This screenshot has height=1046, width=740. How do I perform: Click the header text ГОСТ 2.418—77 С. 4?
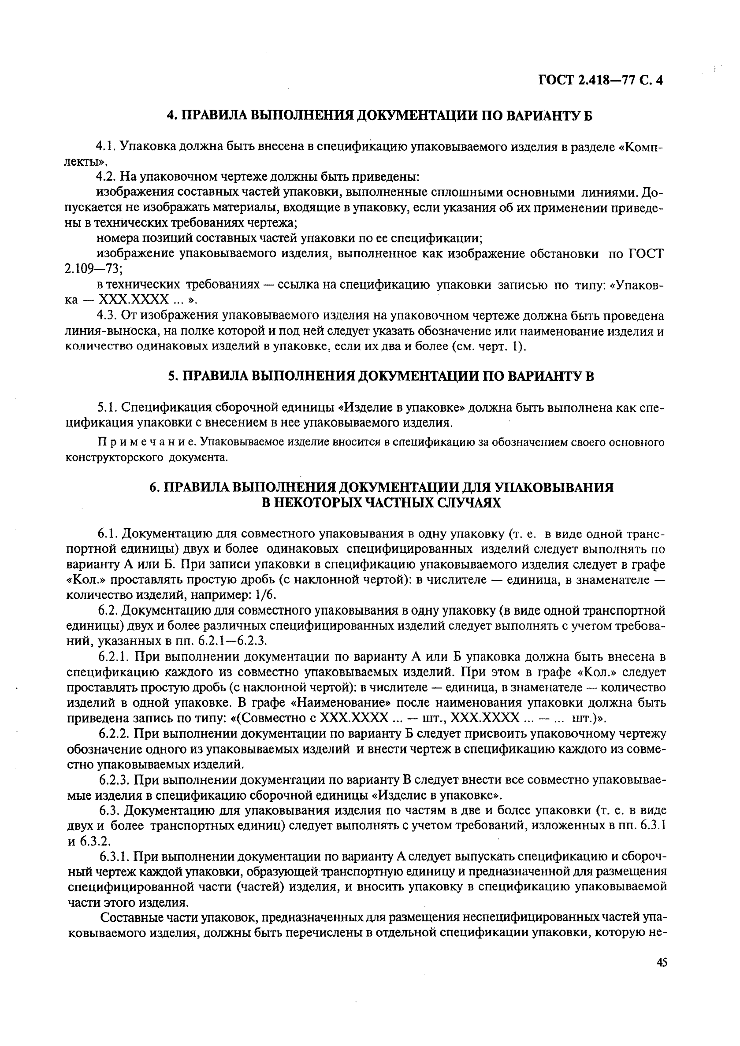pyautogui.click(x=600, y=80)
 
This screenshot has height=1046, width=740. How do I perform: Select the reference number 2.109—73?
pyautogui.click(x=94, y=269)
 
